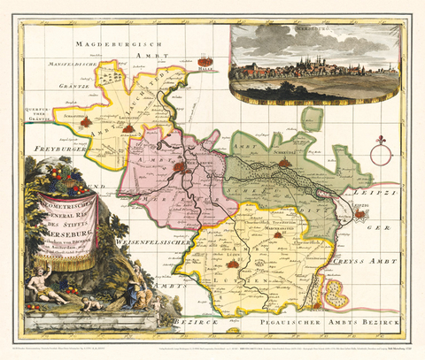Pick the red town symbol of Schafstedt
86,124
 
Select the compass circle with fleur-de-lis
381,156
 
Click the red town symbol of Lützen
234,263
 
